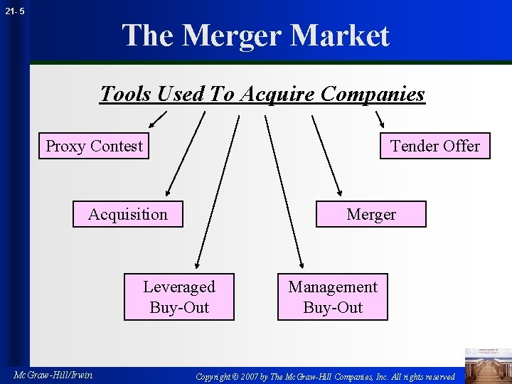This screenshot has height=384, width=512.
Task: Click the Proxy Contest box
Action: (x=94, y=146)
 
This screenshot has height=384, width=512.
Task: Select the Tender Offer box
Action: (x=434, y=146)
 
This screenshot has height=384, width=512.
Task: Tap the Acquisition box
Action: (x=128, y=214)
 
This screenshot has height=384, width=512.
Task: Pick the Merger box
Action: (x=371, y=214)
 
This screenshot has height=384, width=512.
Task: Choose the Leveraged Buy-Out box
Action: (x=178, y=297)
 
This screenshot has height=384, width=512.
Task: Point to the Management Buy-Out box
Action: (x=333, y=297)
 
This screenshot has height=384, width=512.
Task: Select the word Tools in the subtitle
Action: (x=126, y=94)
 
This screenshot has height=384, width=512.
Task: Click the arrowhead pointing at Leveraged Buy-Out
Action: (x=199, y=265)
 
